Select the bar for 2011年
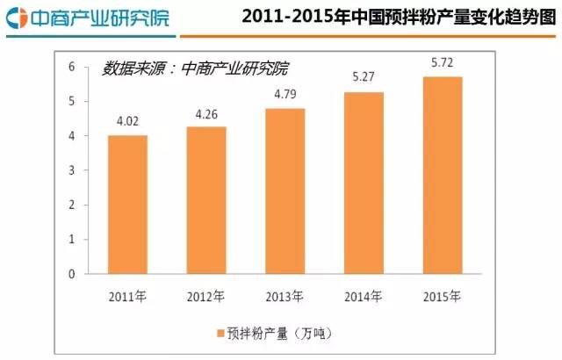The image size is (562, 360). coord(127,204)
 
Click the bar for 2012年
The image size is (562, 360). coord(206,200)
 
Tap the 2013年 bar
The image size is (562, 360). coord(285,191)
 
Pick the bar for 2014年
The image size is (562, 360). coord(364,183)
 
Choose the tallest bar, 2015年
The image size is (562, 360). coord(443,175)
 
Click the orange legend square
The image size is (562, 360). coord(218,333)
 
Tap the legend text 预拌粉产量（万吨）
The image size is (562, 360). coord(279,333)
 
